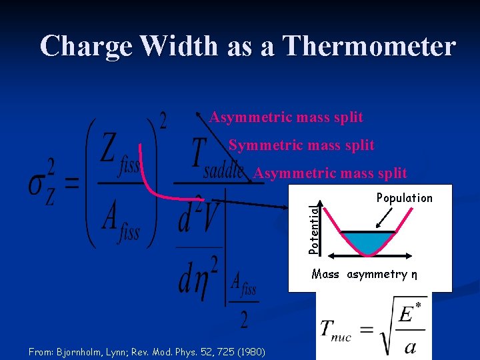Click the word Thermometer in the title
(369, 46)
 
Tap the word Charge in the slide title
(89, 46)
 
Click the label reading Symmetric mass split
(301, 145)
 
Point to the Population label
(404, 197)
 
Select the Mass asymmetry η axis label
(365, 274)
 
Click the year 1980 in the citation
(251, 351)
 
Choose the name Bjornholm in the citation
(79, 351)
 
